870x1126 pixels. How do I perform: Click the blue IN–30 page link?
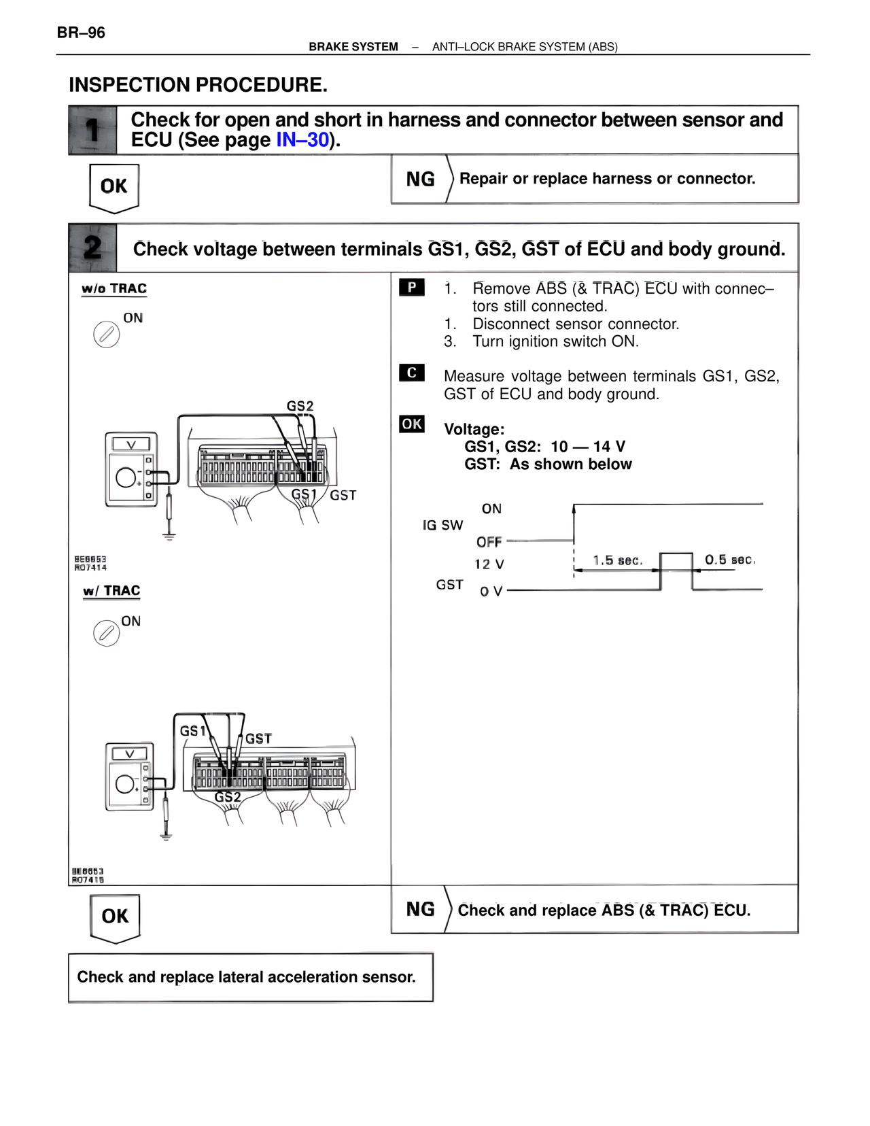(x=302, y=140)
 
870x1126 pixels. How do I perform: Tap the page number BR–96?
(x=81, y=33)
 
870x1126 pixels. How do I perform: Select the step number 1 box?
(x=92, y=130)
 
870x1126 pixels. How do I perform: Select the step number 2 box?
(x=92, y=248)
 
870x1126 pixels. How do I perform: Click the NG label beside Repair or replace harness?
(x=420, y=179)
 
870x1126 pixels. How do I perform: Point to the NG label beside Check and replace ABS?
(x=420, y=909)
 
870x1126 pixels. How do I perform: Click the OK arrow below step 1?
(x=114, y=187)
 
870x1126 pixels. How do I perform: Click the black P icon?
(x=412, y=288)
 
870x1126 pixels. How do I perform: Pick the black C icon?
(x=412, y=373)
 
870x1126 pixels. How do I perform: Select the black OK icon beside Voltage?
(x=412, y=424)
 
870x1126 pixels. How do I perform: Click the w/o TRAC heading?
(x=114, y=288)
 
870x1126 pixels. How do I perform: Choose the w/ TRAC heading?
(x=111, y=591)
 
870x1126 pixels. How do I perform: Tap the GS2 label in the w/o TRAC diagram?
(x=300, y=406)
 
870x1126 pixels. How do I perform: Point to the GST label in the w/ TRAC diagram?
(x=258, y=738)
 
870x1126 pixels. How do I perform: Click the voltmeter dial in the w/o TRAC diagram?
(x=126, y=477)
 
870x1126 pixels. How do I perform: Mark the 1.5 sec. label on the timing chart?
(x=617, y=560)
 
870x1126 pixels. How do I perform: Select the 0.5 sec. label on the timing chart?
(x=729, y=560)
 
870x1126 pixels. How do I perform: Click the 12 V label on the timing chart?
(x=489, y=564)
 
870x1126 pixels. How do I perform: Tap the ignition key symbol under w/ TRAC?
(x=106, y=633)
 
